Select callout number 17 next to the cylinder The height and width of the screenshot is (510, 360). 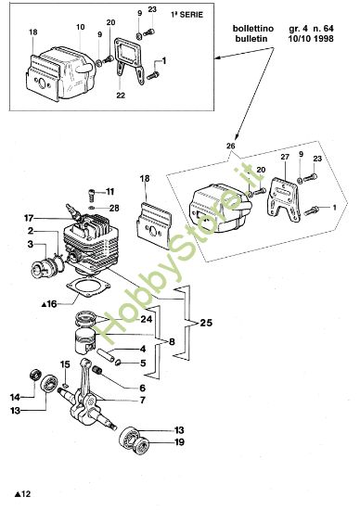[x=29, y=219]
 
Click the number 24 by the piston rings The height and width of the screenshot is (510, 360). [x=146, y=320]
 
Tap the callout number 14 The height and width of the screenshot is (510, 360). [x=14, y=397]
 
